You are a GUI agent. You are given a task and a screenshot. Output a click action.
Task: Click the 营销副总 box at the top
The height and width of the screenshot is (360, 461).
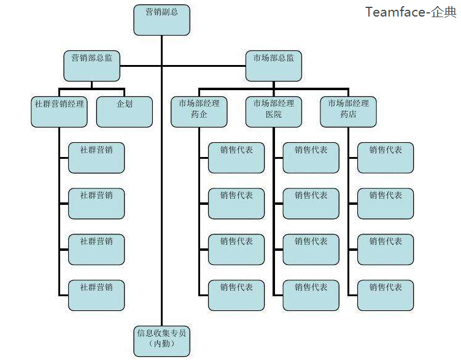161,20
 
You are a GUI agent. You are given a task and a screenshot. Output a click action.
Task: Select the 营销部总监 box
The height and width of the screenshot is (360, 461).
92,66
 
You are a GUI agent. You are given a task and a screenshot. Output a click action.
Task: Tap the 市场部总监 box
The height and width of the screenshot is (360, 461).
274,66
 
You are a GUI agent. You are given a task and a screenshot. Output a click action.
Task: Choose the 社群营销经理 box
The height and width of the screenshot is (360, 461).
59,111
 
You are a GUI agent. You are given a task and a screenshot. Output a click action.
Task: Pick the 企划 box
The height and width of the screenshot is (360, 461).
125,111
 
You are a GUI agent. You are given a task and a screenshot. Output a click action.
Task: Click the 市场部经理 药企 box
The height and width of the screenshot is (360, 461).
199,111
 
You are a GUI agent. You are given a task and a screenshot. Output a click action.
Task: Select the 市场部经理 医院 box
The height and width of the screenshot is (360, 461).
274,111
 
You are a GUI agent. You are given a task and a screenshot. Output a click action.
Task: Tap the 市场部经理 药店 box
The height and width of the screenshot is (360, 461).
349,111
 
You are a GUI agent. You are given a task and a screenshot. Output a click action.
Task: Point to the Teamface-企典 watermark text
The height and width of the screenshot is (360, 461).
411,12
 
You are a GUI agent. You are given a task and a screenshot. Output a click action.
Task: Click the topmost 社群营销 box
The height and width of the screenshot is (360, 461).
96,158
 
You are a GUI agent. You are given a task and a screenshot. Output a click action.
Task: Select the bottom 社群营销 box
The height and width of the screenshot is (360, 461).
96,295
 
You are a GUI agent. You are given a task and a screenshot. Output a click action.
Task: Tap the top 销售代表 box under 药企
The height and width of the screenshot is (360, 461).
236,158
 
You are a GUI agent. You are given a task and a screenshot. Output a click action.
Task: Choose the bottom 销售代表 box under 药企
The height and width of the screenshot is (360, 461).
236,295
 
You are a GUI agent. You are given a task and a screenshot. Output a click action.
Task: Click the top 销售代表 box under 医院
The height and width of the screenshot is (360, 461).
311,158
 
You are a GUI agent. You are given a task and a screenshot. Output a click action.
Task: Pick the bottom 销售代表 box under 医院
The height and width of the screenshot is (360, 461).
311,295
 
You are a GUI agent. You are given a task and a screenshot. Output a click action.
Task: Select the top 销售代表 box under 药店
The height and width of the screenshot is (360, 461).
385,158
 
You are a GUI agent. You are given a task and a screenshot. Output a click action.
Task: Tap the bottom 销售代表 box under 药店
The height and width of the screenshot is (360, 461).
385,295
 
